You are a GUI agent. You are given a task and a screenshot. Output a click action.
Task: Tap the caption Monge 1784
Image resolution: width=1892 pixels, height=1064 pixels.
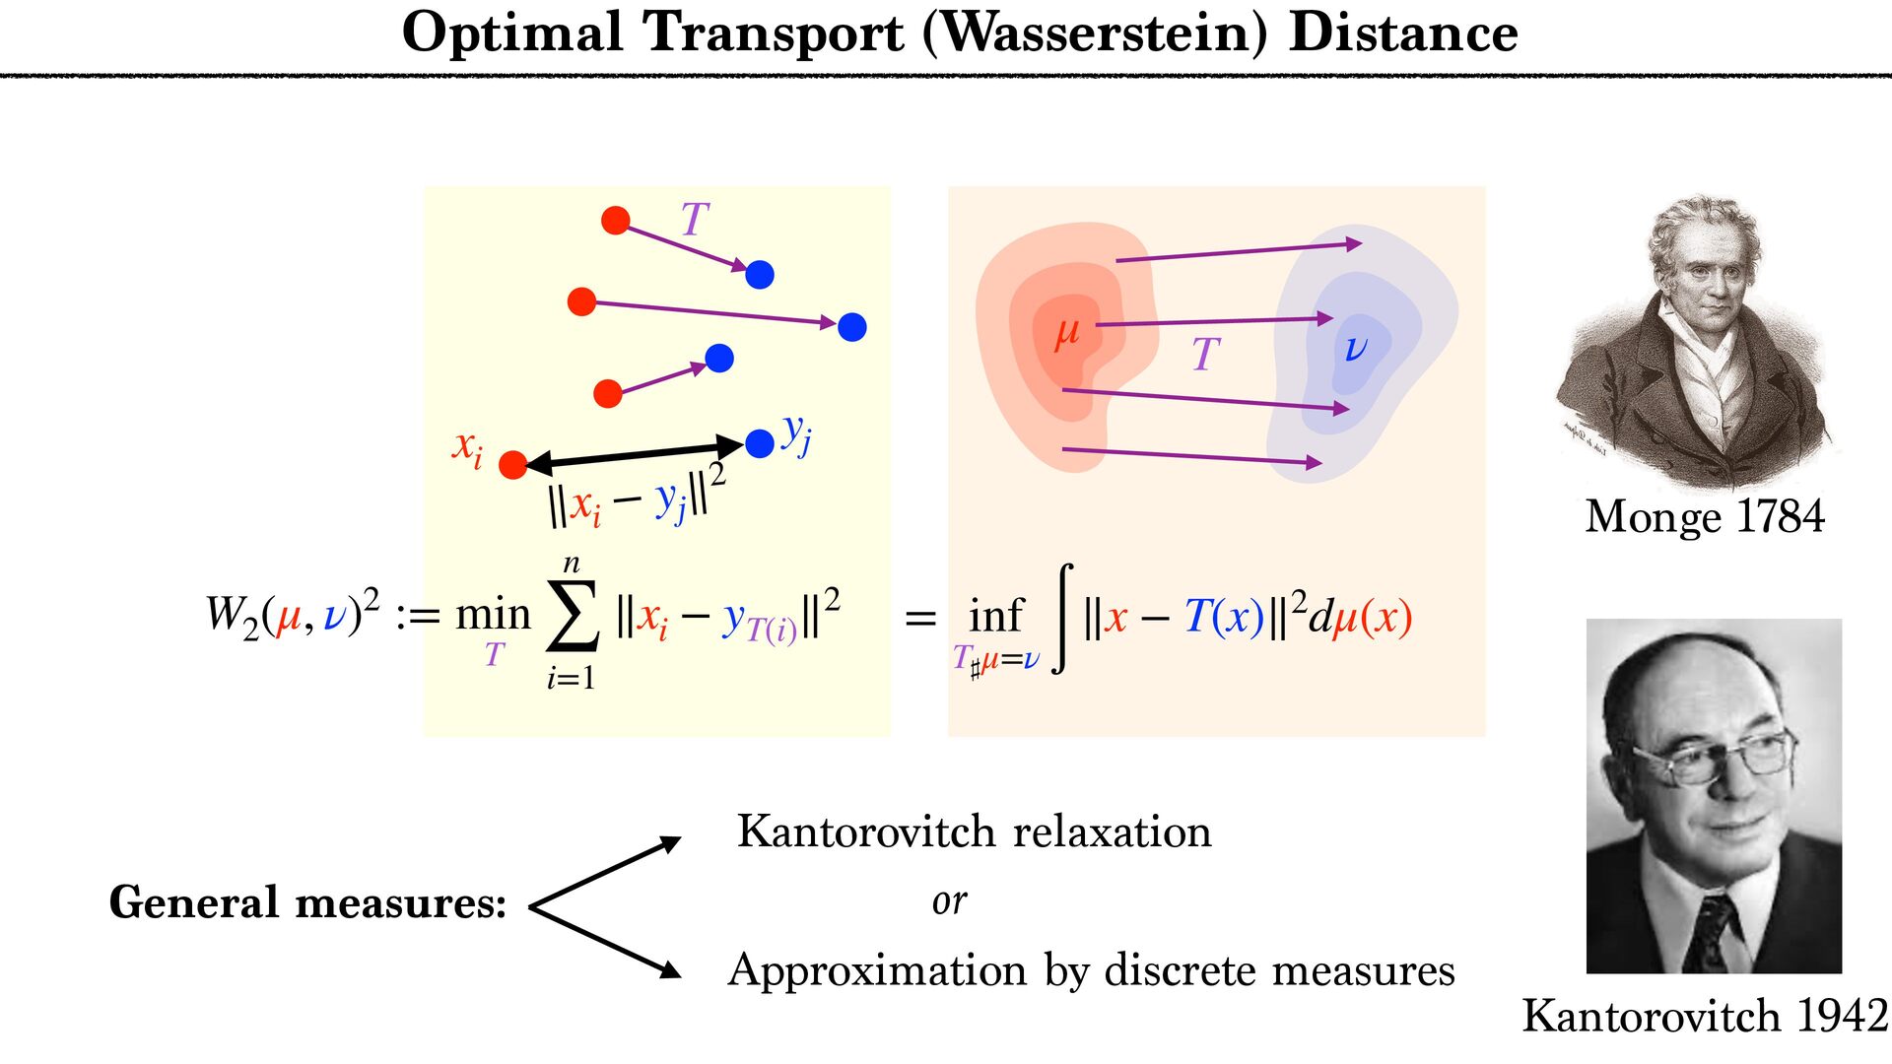tap(1704, 516)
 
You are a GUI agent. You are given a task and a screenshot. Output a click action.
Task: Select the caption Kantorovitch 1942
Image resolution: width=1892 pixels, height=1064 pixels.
tap(1705, 1016)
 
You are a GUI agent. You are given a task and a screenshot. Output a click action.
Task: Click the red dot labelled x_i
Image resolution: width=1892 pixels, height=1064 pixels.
tap(512, 465)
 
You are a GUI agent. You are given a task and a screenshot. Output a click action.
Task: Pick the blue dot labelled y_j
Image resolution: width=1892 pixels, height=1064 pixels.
tap(760, 443)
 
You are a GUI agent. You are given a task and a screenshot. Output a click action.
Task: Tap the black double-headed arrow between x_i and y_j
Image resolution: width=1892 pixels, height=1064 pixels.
tap(636, 454)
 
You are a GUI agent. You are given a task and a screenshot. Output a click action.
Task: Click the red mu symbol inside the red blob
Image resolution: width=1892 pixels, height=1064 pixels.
tap(1066, 333)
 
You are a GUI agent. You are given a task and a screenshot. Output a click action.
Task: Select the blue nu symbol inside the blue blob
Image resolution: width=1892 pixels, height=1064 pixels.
tap(1356, 347)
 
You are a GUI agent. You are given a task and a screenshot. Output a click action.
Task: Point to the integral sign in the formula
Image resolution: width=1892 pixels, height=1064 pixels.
tap(1062, 618)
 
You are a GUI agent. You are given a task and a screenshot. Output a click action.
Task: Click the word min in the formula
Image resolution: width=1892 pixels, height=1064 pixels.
tap(493, 615)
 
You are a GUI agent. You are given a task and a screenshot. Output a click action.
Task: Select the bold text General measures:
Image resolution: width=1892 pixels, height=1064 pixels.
tap(307, 902)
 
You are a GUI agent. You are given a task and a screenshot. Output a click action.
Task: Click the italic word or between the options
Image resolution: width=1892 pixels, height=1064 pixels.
tap(949, 900)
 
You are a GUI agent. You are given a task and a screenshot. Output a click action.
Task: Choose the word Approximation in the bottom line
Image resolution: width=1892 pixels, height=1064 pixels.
tap(877, 970)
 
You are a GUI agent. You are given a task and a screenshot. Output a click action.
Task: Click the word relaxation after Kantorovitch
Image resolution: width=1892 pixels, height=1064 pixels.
tap(1113, 831)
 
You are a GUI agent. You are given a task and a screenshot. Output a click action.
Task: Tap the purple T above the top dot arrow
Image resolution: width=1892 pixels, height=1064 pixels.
tap(695, 219)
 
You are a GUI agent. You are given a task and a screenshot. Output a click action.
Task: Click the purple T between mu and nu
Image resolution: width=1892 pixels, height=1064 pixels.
tap(1205, 354)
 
